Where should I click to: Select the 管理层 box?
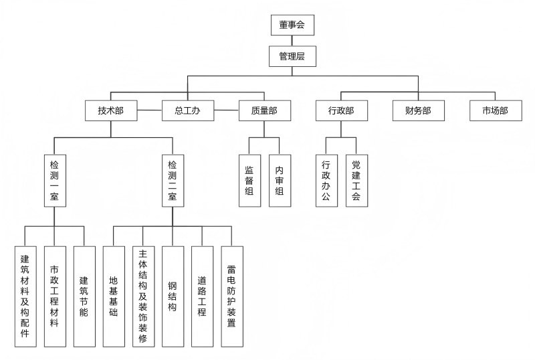(x=292, y=56)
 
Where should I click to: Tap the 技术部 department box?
(x=111, y=110)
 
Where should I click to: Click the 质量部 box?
(x=264, y=110)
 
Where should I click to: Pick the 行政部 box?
(x=341, y=110)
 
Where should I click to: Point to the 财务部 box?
(x=418, y=110)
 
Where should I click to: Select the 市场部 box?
(x=496, y=110)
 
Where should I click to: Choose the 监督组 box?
(x=249, y=180)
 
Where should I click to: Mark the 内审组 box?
(x=280, y=180)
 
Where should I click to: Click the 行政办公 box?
(x=326, y=180)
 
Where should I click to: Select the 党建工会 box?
(x=356, y=180)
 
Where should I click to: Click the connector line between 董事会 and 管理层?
(x=292, y=41)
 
